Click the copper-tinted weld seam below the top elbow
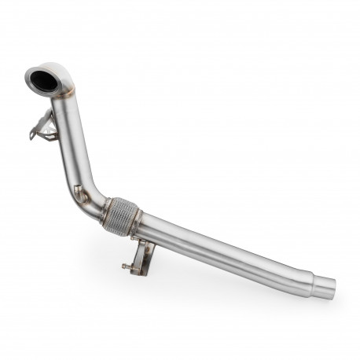(62, 97)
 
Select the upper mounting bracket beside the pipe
(46, 126)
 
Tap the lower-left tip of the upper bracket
(32, 137)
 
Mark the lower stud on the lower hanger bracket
(126, 266)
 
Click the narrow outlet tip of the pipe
(322, 284)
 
